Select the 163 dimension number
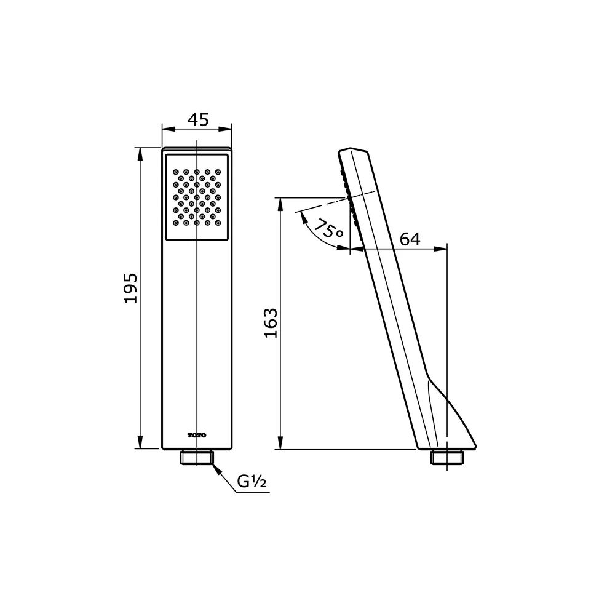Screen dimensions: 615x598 point(271,322)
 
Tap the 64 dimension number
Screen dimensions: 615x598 point(410,239)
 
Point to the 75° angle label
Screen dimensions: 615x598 point(328,231)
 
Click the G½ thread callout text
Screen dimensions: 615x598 point(252,483)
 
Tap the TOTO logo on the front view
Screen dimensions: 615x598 point(197,435)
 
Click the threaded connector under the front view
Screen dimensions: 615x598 point(197,457)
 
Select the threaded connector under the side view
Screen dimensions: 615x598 point(446,457)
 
